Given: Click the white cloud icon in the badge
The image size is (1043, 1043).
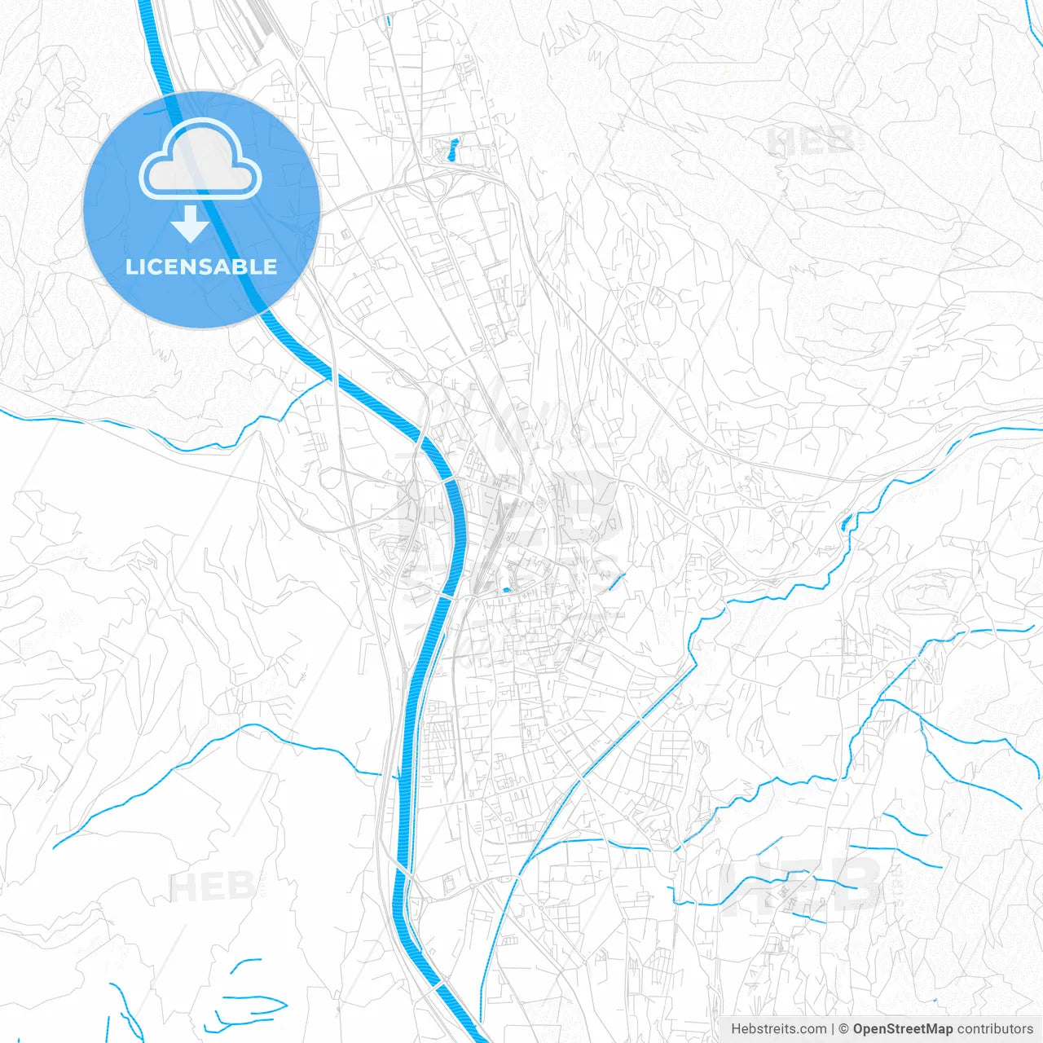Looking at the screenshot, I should click(200, 160).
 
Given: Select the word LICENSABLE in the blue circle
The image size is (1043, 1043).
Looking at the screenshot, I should click(201, 266).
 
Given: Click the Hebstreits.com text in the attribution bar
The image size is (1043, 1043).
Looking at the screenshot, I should click(778, 1029).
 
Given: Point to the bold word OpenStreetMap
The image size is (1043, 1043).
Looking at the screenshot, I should click(902, 1029).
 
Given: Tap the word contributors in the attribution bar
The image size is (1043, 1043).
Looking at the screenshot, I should click(995, 1029).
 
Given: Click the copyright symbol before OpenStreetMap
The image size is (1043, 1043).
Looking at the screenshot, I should click(844, 1029).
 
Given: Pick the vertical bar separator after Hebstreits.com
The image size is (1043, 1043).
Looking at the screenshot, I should click(833, 1029).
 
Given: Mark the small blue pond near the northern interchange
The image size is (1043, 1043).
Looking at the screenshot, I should click(451, 149).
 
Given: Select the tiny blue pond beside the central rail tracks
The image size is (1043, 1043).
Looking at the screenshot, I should click(507, 589).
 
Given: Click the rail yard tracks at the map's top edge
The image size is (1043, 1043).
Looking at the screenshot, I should click(259, 24).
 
